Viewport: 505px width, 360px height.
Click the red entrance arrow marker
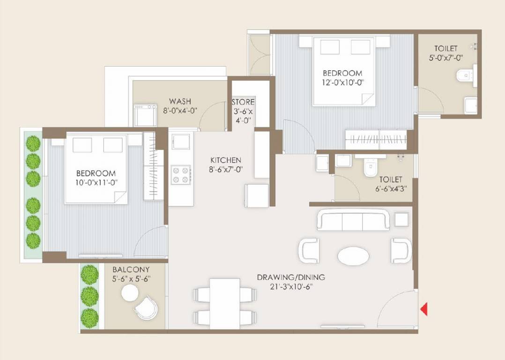(423, 309)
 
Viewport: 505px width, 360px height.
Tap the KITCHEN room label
(225, 160)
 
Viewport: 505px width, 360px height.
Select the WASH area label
(180, 101)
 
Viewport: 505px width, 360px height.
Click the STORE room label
(243, 102)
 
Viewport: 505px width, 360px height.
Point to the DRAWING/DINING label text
(290, 277)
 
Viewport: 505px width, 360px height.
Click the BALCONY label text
(131, 270)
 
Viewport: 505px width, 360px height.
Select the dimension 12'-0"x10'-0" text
(342, 82)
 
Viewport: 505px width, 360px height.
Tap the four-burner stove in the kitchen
(181, 175)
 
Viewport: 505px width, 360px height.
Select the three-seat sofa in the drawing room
(353, 220)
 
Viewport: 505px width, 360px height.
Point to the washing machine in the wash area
(145, 115)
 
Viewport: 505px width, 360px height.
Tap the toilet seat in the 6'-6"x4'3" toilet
(371, 168)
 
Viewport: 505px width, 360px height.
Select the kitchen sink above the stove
(181, 141)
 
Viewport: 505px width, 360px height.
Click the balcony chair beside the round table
(146, 308)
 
